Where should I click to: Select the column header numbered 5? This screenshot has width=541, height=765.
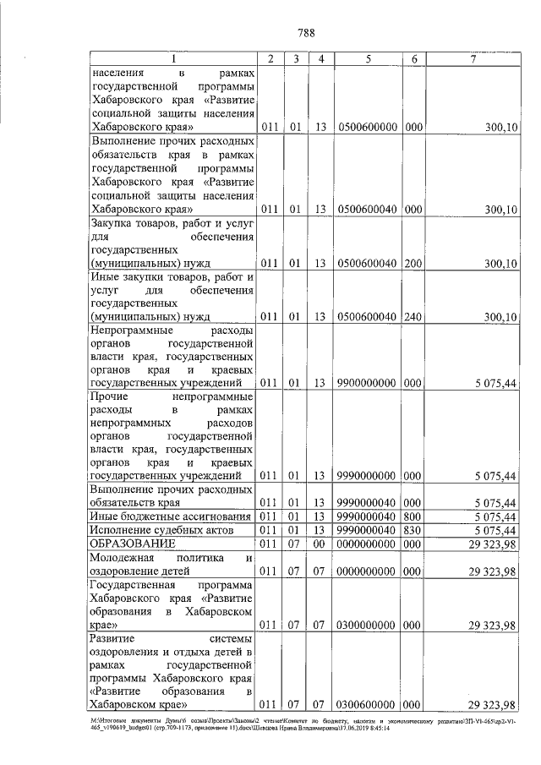tap(369, 58)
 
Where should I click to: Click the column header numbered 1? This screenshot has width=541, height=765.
tap(172, 58)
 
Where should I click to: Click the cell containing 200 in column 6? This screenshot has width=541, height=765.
tap(413, 264)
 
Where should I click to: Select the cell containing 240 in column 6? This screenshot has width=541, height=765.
tap(413, 317)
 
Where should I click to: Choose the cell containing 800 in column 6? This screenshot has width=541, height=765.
tap(413, 516)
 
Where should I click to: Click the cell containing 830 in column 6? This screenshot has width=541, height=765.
tap(413, 529)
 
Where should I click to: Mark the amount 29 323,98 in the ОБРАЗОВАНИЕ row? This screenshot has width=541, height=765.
tap(491, 543)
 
